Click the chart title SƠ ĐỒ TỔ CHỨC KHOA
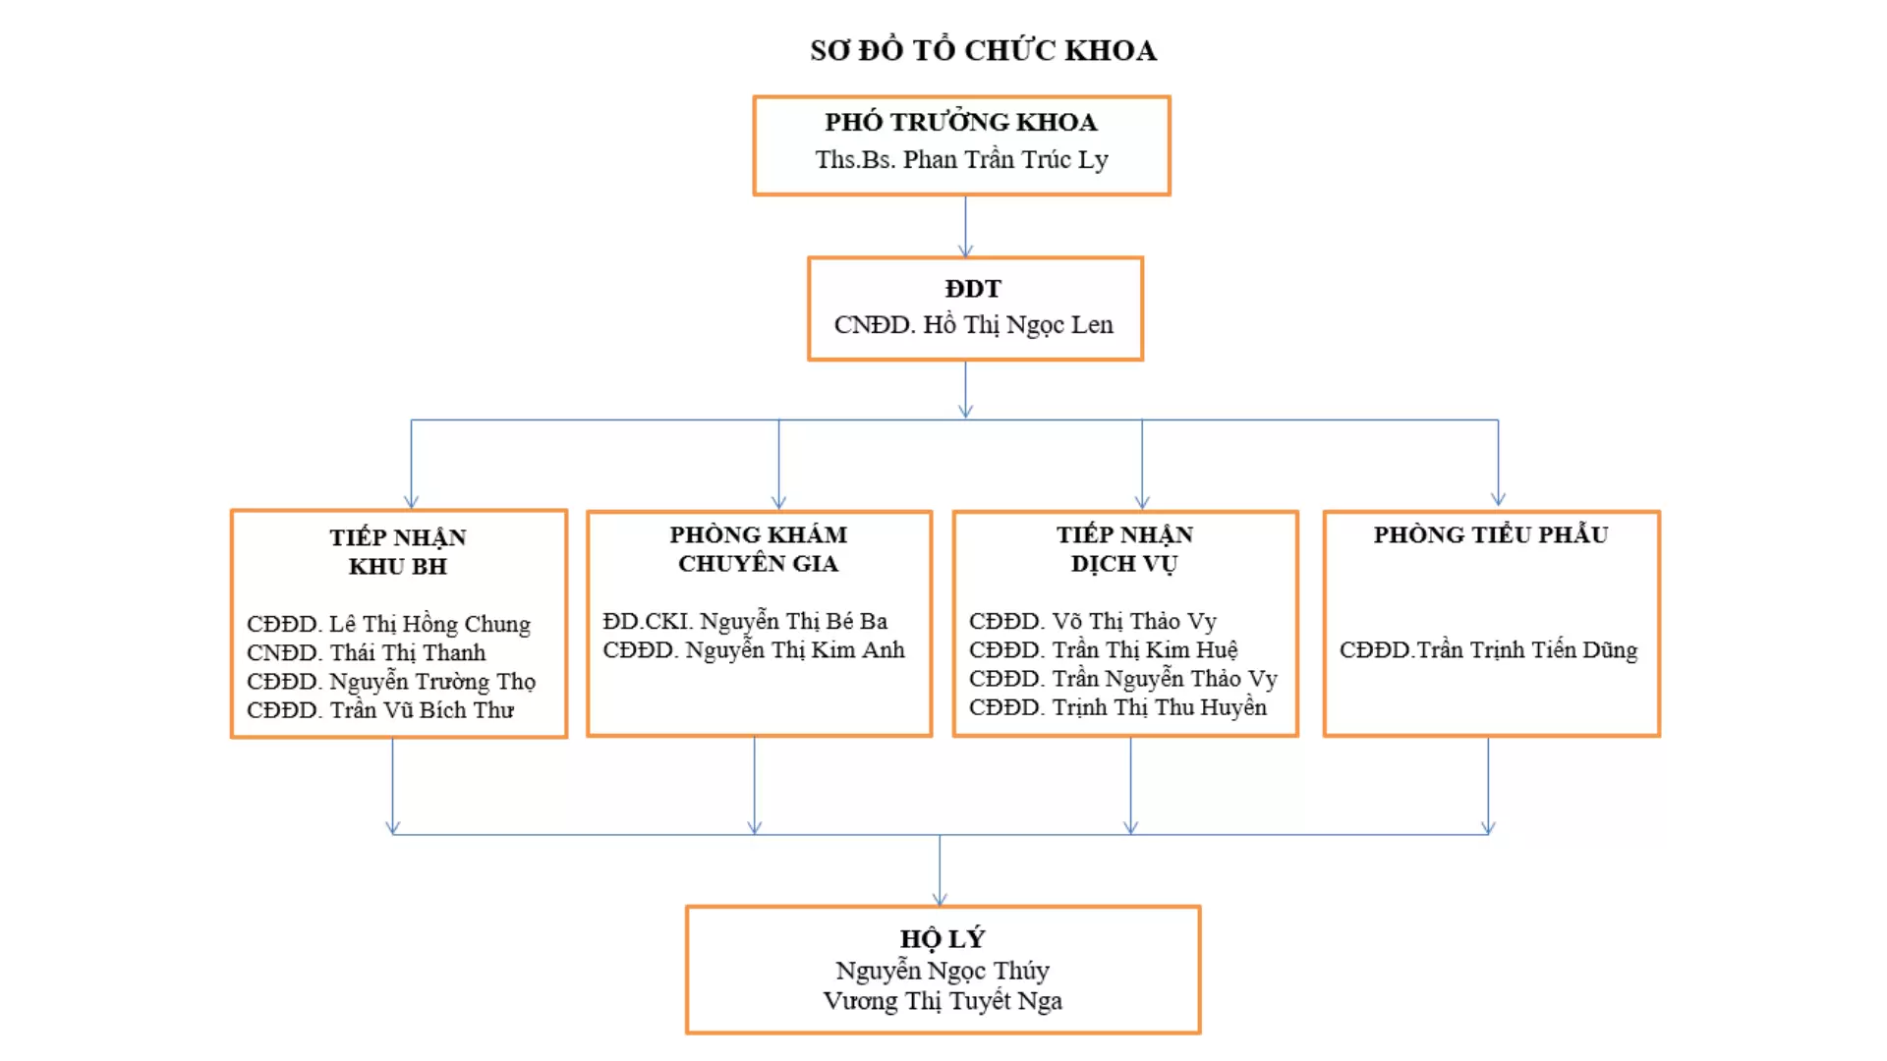point(983,49)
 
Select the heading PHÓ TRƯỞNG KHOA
point(961,122)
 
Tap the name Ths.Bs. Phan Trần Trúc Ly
point(961,159)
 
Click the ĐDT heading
point(973,289)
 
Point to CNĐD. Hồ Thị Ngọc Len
point(974,325)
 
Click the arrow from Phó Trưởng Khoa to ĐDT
point(965,226)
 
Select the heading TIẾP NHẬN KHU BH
point(398,551)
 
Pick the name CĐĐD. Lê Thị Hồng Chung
point(388,624)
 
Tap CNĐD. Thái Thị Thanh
point(366,652)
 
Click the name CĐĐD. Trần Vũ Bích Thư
point(380,709)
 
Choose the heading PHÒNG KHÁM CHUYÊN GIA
point(759,548)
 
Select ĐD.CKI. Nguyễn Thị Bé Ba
point(745,621)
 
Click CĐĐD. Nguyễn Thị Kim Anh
point(754,649)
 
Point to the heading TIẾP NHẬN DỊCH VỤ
point(1124,548)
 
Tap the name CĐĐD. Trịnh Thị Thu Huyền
point(1117,707)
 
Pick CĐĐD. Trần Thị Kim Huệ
point(1103,650)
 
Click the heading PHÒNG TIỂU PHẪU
point(1491,534)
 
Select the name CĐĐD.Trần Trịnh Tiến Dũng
point(1488,649)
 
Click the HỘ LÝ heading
point(943,938)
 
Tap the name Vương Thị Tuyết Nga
point(943,1000)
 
